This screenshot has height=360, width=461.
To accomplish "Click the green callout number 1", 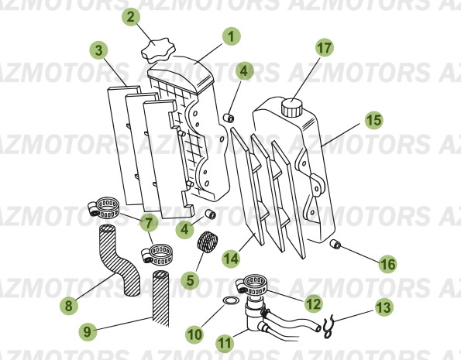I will click(x=231, y=36).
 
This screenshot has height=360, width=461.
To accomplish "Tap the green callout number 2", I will click(x=132, y=16).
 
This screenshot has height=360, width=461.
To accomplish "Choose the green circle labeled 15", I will click(x=373, y=121).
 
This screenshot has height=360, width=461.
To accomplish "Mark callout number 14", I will click(x=229, y=257).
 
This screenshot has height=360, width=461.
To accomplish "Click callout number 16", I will click(x=387, y=264).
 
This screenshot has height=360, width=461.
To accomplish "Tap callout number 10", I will click(x=194, y=334).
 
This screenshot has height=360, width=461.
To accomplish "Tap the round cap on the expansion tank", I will click(x=292, y=106).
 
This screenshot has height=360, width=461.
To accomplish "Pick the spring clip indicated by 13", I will click(x=327, y=326).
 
